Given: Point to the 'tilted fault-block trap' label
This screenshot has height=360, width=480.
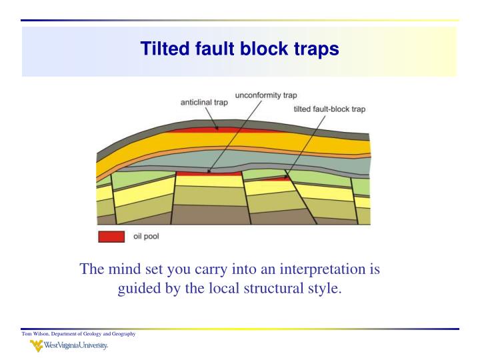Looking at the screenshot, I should click(329, 109).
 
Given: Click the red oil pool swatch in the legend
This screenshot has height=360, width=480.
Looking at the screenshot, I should click(111, 236).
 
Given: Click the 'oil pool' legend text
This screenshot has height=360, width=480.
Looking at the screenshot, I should click(146, 236).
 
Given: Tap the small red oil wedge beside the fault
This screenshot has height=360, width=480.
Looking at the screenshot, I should click(273, 179).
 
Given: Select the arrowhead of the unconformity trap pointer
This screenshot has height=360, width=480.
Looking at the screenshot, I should click(209, 171).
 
